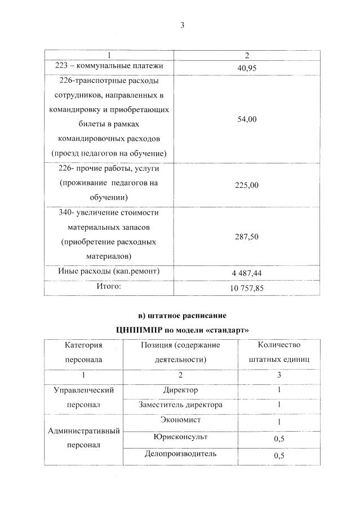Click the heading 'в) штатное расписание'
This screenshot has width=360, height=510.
pyautogui.click(x=181, y=314)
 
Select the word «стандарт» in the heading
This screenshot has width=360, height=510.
pyautogui.click(x=225, y=329)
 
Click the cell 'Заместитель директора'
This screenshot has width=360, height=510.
pyautogui.click(x=180, y=405)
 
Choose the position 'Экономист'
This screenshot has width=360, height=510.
pyautogui.click(x=180, y=420)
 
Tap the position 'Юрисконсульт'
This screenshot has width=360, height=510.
pyautogui.click(x=180, y=436)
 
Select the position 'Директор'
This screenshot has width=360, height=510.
pyautogui.click(x=180, y=389)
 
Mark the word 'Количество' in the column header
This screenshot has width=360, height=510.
pyautogui.click(x=278, y=344)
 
